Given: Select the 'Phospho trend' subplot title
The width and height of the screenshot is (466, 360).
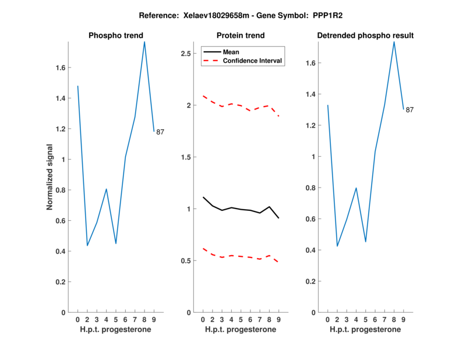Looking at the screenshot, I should [x=115, y=36].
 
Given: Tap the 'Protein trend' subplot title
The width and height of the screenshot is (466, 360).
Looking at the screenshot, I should [x=241, y=36].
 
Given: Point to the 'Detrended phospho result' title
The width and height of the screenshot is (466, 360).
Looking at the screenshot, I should [x=365, y=36].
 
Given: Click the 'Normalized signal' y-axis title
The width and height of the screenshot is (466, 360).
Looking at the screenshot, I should [x=50, y=177].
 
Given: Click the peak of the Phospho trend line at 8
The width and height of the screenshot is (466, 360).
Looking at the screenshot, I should [x=144, y=41].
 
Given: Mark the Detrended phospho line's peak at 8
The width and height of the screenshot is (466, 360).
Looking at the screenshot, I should [x=394, y=41].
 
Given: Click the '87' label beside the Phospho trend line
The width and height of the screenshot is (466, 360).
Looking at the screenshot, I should [x=160, y=132].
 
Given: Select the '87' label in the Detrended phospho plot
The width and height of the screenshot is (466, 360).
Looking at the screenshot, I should [x=409, y=110].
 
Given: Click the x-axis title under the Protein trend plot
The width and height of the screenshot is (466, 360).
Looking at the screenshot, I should [x=241, y=330].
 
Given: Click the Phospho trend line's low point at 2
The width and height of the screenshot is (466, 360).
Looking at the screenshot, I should [x=87, y=245].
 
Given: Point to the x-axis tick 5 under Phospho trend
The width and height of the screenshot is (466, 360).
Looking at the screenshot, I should [x=116, y=319].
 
